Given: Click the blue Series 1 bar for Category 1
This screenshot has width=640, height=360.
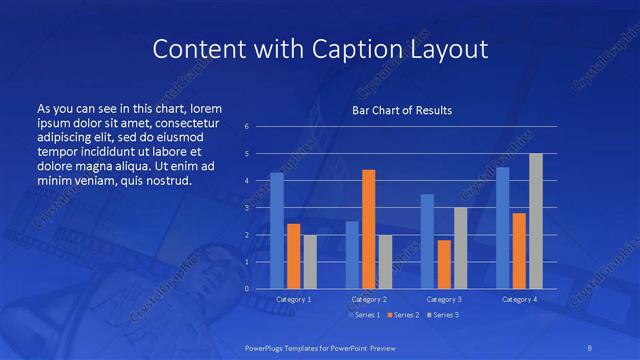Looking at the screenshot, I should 277,231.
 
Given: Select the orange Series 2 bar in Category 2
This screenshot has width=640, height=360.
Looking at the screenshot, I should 369,229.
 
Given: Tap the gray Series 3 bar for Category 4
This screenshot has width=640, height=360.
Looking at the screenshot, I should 536,221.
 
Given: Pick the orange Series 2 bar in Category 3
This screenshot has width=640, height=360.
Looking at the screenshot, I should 444,264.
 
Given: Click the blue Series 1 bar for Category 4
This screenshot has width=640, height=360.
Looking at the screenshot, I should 502,228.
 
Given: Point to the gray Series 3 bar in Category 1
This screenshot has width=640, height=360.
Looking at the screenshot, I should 310,262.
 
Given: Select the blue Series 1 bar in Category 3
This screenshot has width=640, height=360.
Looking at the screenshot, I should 427,241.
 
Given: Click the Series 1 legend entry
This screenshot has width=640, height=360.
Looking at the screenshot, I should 365,315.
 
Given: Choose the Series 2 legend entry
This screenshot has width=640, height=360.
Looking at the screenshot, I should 403,315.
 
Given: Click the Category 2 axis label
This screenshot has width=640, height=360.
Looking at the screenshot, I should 368,299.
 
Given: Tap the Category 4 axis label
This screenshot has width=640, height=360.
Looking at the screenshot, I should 519,299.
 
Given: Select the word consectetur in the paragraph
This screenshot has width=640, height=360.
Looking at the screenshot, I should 188,120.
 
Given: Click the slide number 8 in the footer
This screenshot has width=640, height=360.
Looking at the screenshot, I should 588,346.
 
